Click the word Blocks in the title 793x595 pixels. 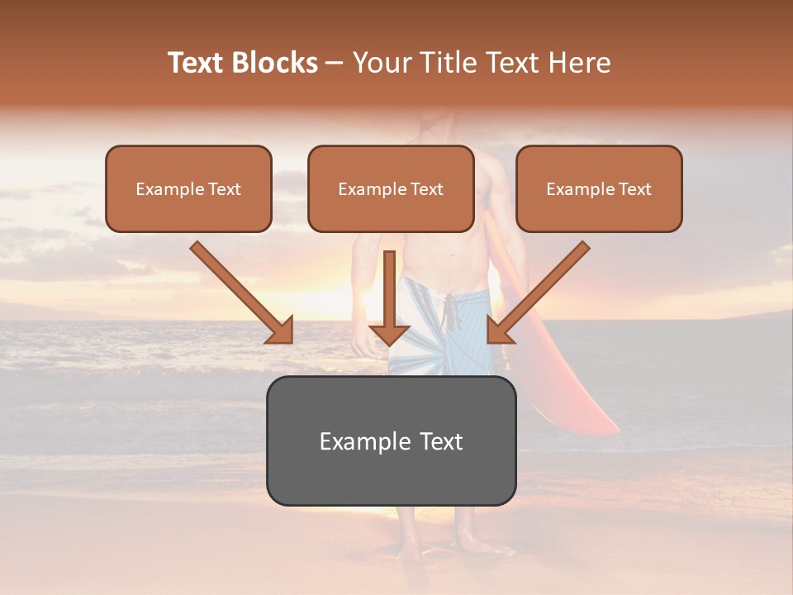[275, 63]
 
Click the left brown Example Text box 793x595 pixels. [188, 188]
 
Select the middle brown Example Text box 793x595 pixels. [391, 188]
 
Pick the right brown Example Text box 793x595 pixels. [599, 188]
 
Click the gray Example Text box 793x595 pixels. [391, 440]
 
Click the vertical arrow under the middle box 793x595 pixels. [389, 297]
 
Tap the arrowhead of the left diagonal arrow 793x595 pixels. [281, 331]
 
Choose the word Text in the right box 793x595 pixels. [634, 188]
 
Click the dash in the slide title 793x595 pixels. [335, 63]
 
